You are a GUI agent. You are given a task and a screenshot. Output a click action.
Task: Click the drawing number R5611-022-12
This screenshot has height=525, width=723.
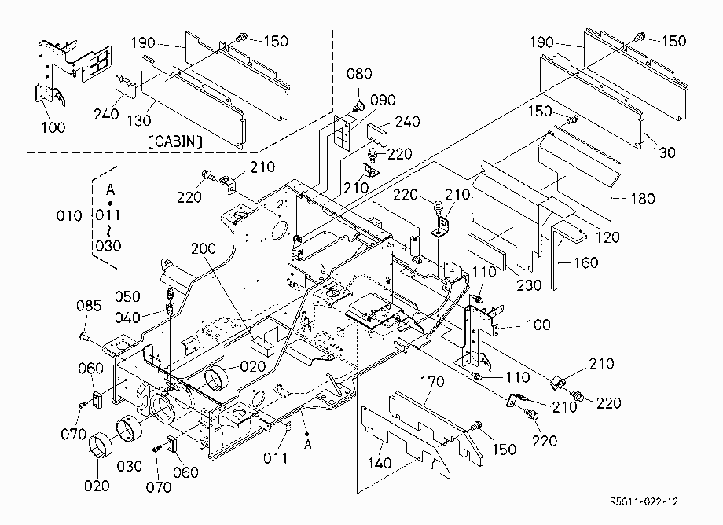[x=644, y=501]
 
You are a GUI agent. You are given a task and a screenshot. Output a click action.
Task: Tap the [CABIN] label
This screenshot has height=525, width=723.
[x=174, y=141]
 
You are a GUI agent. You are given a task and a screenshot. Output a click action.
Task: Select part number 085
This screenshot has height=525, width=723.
[x=89, y=306]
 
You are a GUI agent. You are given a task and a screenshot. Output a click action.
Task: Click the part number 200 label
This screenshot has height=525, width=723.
[x=204, y=248]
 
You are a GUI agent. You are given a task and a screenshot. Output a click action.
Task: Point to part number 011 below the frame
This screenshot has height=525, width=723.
[x=275, y=457]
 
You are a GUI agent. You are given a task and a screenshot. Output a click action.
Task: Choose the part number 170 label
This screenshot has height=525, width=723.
[x=432, y=382]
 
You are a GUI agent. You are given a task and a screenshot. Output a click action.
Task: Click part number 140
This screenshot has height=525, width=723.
[x=380, y=463]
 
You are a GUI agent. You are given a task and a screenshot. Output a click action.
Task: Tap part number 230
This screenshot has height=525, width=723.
[x=529, y=285]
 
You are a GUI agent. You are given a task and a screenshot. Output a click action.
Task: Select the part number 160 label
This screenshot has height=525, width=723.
[x=585, y=262]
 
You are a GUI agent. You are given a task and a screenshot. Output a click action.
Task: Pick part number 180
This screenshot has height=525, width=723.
[x=643, y=199]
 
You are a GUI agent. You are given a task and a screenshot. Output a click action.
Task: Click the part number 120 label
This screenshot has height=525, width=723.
[x=607, y=237]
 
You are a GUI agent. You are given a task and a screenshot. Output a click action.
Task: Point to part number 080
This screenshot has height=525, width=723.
[x=359, y=74]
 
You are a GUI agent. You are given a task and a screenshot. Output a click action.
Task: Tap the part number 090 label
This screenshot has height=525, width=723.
[x=383, y=100]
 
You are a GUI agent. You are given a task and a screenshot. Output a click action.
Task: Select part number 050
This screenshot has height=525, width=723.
[x=127, y=296]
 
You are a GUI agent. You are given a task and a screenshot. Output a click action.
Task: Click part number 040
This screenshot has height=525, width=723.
[x=127, y=318]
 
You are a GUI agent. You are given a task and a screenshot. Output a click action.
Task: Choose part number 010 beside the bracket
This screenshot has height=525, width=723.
[x=69, y=215]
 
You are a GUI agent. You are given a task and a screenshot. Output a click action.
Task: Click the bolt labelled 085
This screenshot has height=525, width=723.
[x=84, y=337]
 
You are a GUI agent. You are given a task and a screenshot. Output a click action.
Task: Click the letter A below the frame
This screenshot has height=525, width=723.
[x=308, y=445]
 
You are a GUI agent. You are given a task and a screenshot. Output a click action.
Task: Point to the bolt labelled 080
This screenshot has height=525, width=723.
[x=358, y=108]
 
